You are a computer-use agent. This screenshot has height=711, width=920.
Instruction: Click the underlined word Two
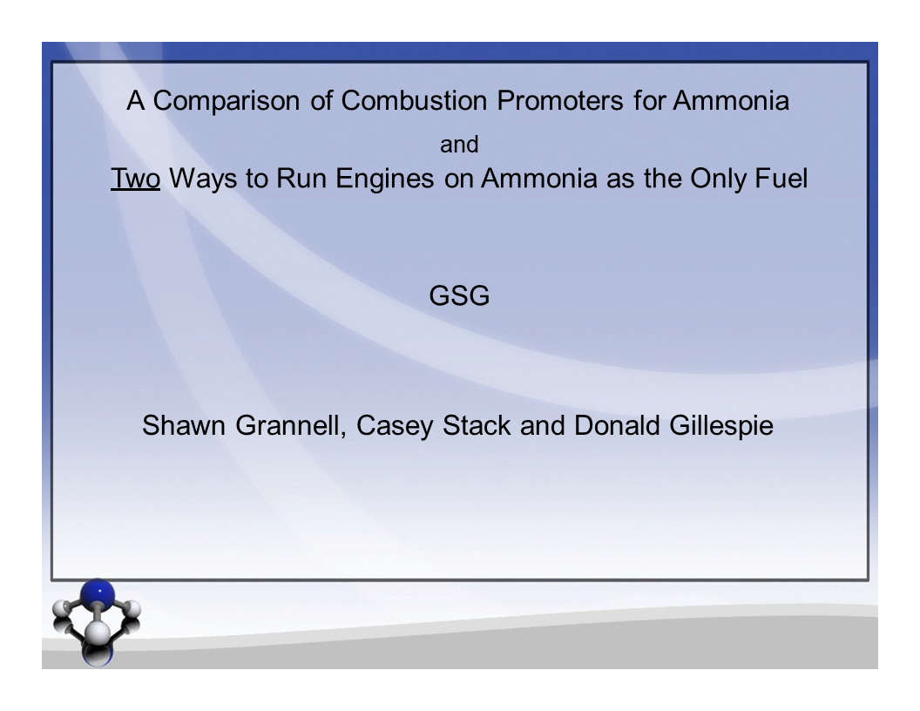[135, 179]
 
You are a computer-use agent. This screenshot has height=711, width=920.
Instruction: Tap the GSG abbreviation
[459, 297]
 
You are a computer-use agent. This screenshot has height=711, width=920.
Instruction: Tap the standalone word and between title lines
[459, 145]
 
